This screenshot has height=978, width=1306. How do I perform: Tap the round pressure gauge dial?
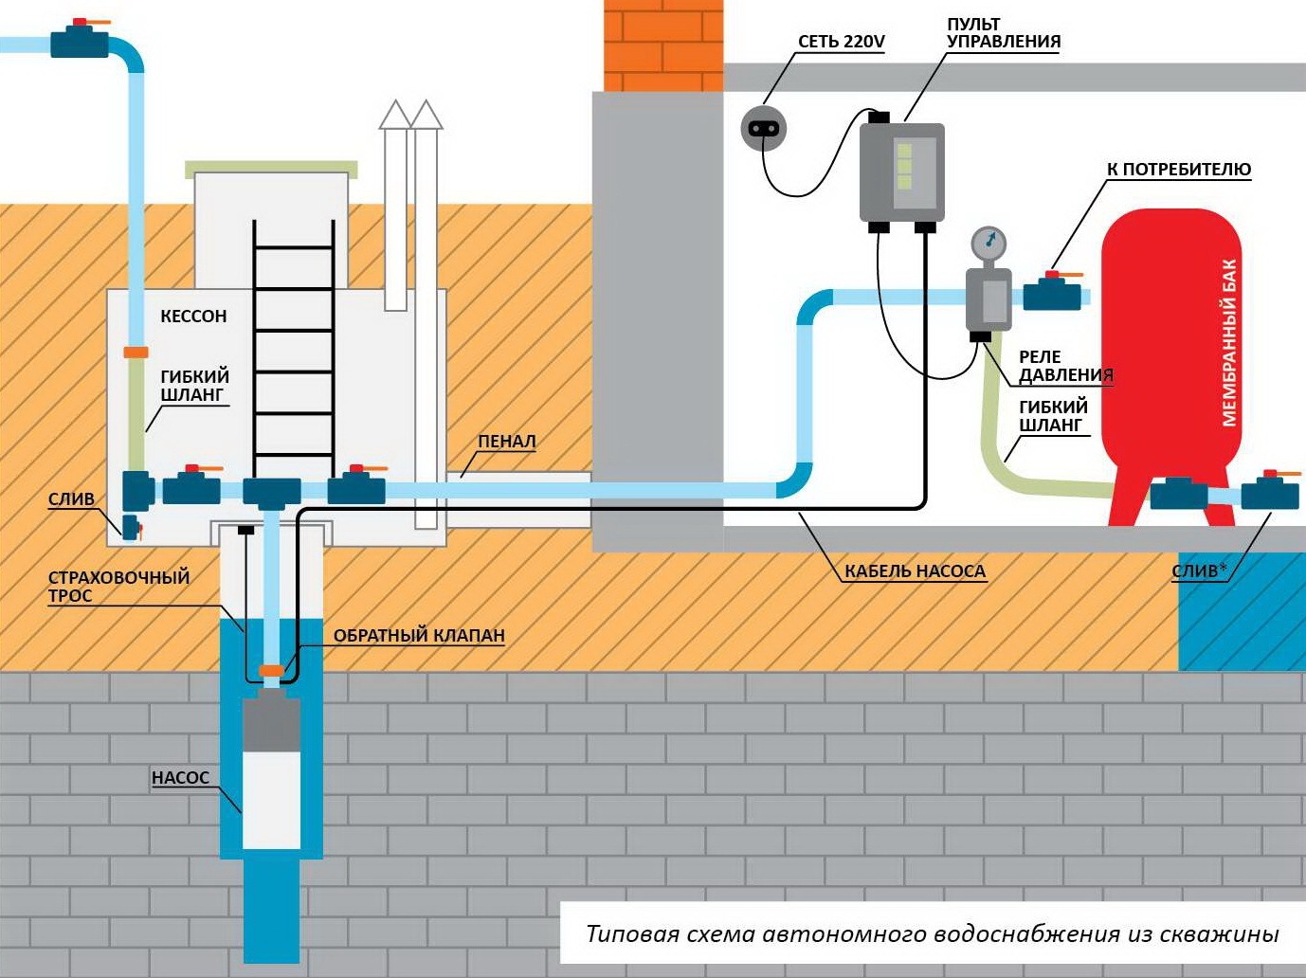(989, 244)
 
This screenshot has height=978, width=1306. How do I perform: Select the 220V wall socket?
(763, 128)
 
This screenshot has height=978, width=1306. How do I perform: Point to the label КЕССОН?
(193, 317)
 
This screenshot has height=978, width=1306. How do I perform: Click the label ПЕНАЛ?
(506, 442)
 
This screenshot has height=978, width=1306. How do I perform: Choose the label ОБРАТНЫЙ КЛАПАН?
(419, 636)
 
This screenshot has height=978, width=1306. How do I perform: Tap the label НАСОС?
(180, 778)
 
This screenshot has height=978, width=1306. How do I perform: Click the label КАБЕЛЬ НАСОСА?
(915, 571)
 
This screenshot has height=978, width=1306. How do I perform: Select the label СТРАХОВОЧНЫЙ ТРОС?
(118, 587)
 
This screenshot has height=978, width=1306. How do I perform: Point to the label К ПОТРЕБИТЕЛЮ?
(1179, 170)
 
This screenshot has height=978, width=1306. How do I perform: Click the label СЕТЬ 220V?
(841, 42)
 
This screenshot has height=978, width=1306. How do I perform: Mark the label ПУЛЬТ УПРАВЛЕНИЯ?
(1003, 33)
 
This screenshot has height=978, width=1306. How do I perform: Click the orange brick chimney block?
(663, 45)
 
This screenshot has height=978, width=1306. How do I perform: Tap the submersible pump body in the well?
(272, 773)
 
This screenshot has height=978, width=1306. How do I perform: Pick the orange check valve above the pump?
(272, 671)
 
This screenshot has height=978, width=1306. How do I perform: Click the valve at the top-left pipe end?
(80, 41)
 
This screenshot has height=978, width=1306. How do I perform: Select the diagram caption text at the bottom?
(932, 934)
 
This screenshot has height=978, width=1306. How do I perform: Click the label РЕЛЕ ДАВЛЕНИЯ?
(1065, 366)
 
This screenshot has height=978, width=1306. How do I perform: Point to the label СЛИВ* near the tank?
(1199, 570)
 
